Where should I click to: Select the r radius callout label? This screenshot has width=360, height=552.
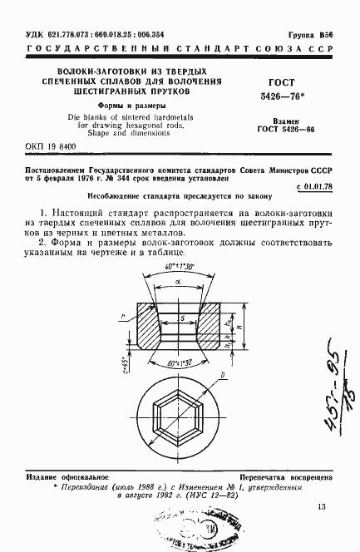pos(123,319)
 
